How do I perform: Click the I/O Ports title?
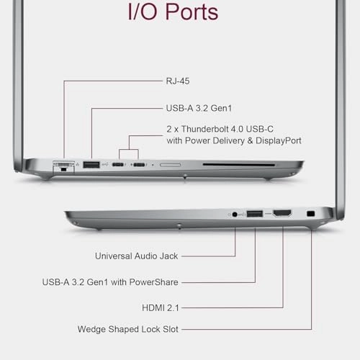pyautogui.click(x=173, y=12)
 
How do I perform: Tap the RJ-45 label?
pyautogui.click(x=178, y=81)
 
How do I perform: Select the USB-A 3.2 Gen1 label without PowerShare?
pyautogui.click(x=199, y=108)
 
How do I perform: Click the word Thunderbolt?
pyautogui.click(x=205, y=129)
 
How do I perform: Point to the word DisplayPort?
pyautogui.click(x=279, y=140)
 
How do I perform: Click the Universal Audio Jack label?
pyautogui.click(x=137, y=256)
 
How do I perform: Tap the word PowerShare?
pyautogui.click(x=153, y=282)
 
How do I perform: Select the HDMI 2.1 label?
pyautogui.click(x=161, y=307)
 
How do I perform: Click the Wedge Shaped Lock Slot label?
pyautogui.click(x=128, y=329)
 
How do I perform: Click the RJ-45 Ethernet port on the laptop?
pyautogui.click(x=63, y=166)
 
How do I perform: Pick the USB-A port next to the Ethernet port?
pyautogui.click(x=91, y=165)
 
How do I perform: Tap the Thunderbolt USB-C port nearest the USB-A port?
pyautogui.click(x=118, y=165)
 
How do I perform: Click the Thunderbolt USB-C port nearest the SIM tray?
pyautogui.click(x=139, y=165)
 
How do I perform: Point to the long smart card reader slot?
pyautogui.click(x=239, y=165)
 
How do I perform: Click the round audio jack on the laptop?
pyautogui.click(x=235, y=214)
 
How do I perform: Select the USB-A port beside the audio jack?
pyautogui.click(x=255, y=213)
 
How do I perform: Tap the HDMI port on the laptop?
pyautogui.click(x=282, y=213)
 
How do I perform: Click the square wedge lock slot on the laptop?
pyautogui.click(x=311, y=213)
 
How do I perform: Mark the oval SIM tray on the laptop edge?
pyautogui.click(x=170, y=165)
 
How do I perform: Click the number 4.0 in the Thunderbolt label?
pyautogui.click(x=237, y=129)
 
